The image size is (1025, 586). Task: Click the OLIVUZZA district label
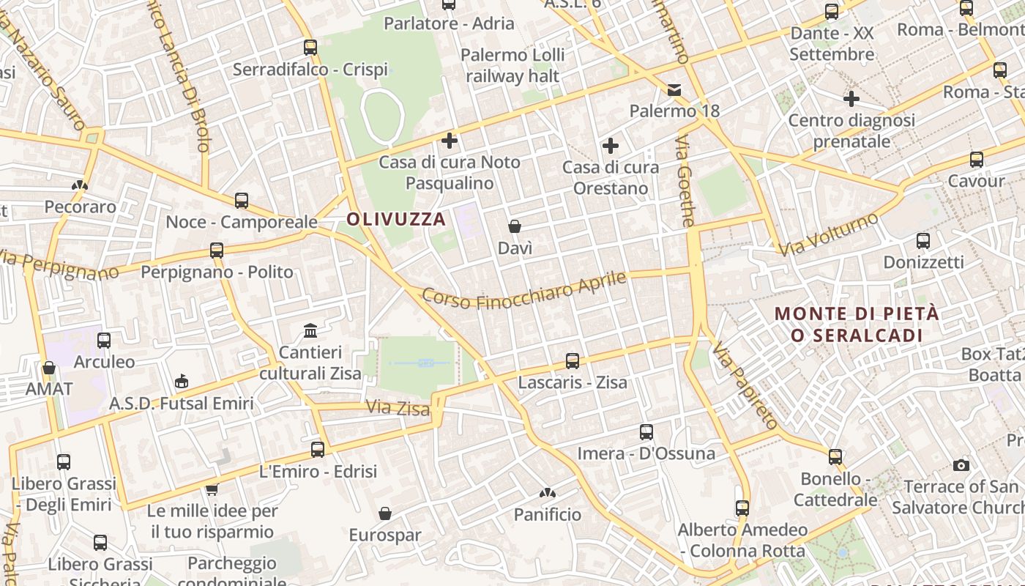(x=396, y=219)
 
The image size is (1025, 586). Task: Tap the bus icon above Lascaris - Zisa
(x=573, y=361)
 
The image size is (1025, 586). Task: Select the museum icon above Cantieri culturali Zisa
(x=310, y=331)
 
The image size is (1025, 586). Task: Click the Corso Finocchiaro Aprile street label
(x=525, y=292)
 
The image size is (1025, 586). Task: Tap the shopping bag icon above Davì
(x=515, y=226)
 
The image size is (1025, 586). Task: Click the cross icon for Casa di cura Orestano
(x=611, y=146)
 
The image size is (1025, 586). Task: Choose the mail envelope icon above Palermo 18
(x=674, y=90)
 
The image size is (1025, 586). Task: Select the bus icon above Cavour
(x=977, y=160)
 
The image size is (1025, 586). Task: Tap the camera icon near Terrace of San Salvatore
(x=961, y=465)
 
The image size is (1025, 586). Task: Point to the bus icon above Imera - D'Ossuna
(x=646, y=432)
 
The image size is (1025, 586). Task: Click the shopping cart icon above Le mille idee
(x=212, y=489)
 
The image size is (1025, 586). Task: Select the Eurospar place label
(x=385, y=535)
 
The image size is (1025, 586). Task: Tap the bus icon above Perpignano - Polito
(x=217, y=251)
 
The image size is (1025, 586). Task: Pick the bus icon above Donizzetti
(x=923, y=240)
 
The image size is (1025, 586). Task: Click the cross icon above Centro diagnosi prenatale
(x=851, y=98)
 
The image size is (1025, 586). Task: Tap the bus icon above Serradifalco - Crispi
(x=310, y=48)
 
